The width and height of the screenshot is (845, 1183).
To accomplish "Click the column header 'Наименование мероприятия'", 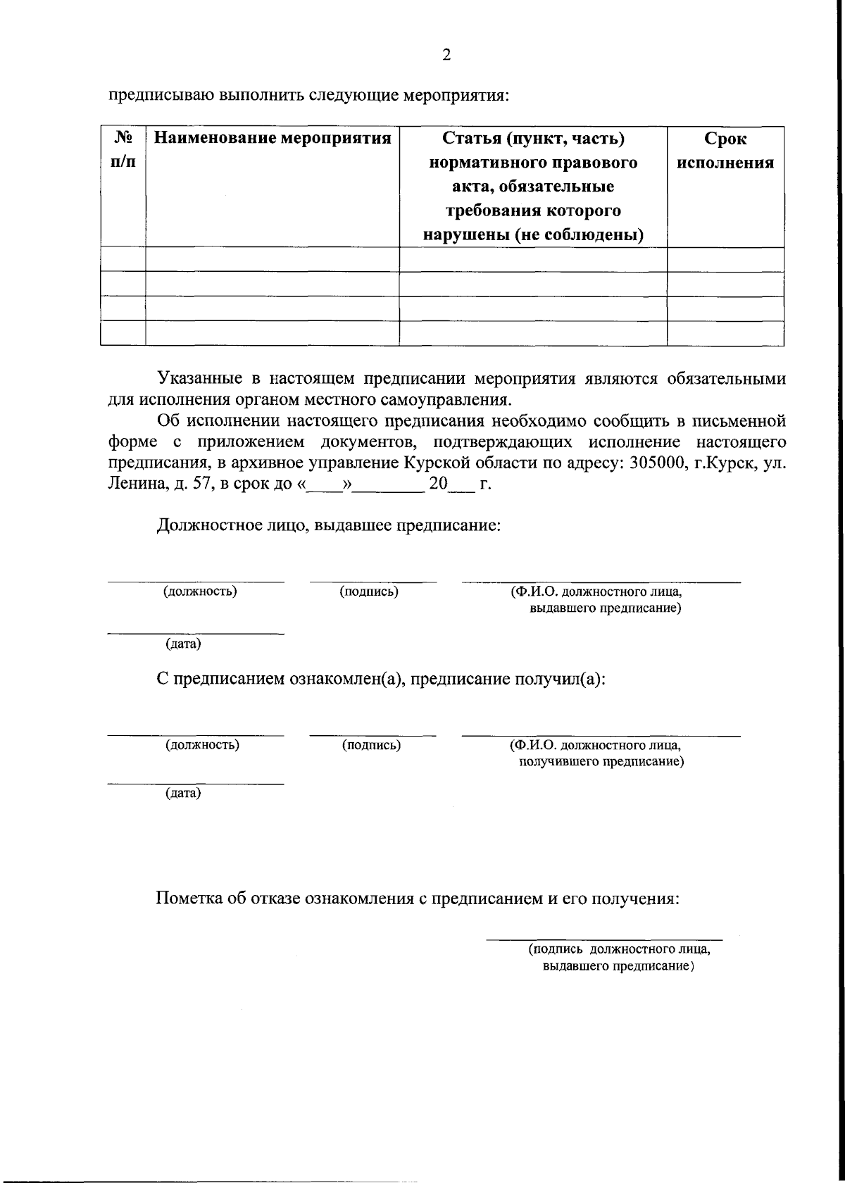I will [272, 138].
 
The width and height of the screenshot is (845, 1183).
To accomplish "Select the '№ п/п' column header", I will [123, 150].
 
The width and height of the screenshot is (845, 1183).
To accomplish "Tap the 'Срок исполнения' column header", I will [725, 151].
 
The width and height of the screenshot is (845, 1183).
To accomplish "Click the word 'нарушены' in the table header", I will [464, 234].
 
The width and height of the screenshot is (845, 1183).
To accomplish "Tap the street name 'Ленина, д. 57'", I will [156, 484].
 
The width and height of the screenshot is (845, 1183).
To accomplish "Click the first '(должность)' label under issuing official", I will [200, 591].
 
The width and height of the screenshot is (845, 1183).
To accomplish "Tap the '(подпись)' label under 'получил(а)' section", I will [371, 745].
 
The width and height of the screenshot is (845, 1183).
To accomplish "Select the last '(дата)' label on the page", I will [183, 794].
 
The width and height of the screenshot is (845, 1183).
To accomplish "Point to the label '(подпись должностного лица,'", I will [620, 949].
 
